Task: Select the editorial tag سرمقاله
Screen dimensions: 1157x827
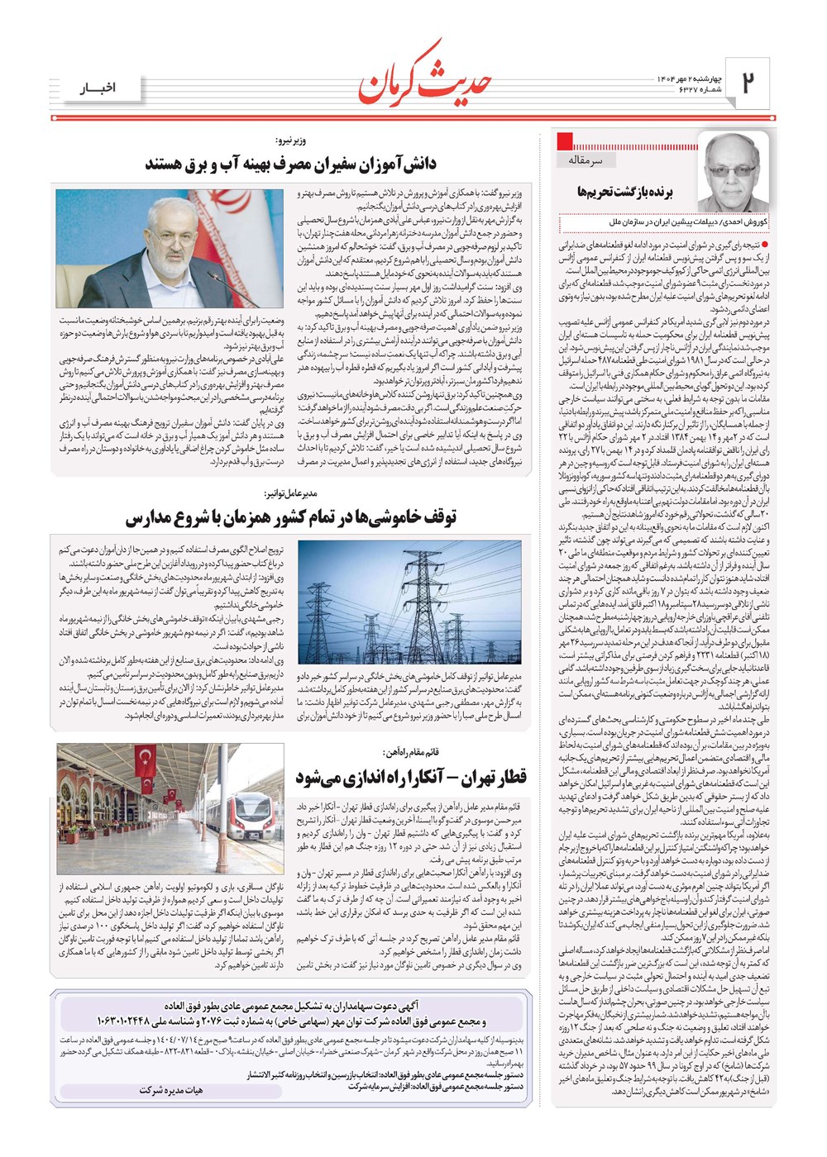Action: (x=586, y=160)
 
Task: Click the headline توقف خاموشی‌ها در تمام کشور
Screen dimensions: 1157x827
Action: (x=291, y=518)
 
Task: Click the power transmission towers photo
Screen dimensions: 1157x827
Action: (x=409, y=601)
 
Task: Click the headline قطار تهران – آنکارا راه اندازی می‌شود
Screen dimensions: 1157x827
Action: (x=411, y=778)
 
